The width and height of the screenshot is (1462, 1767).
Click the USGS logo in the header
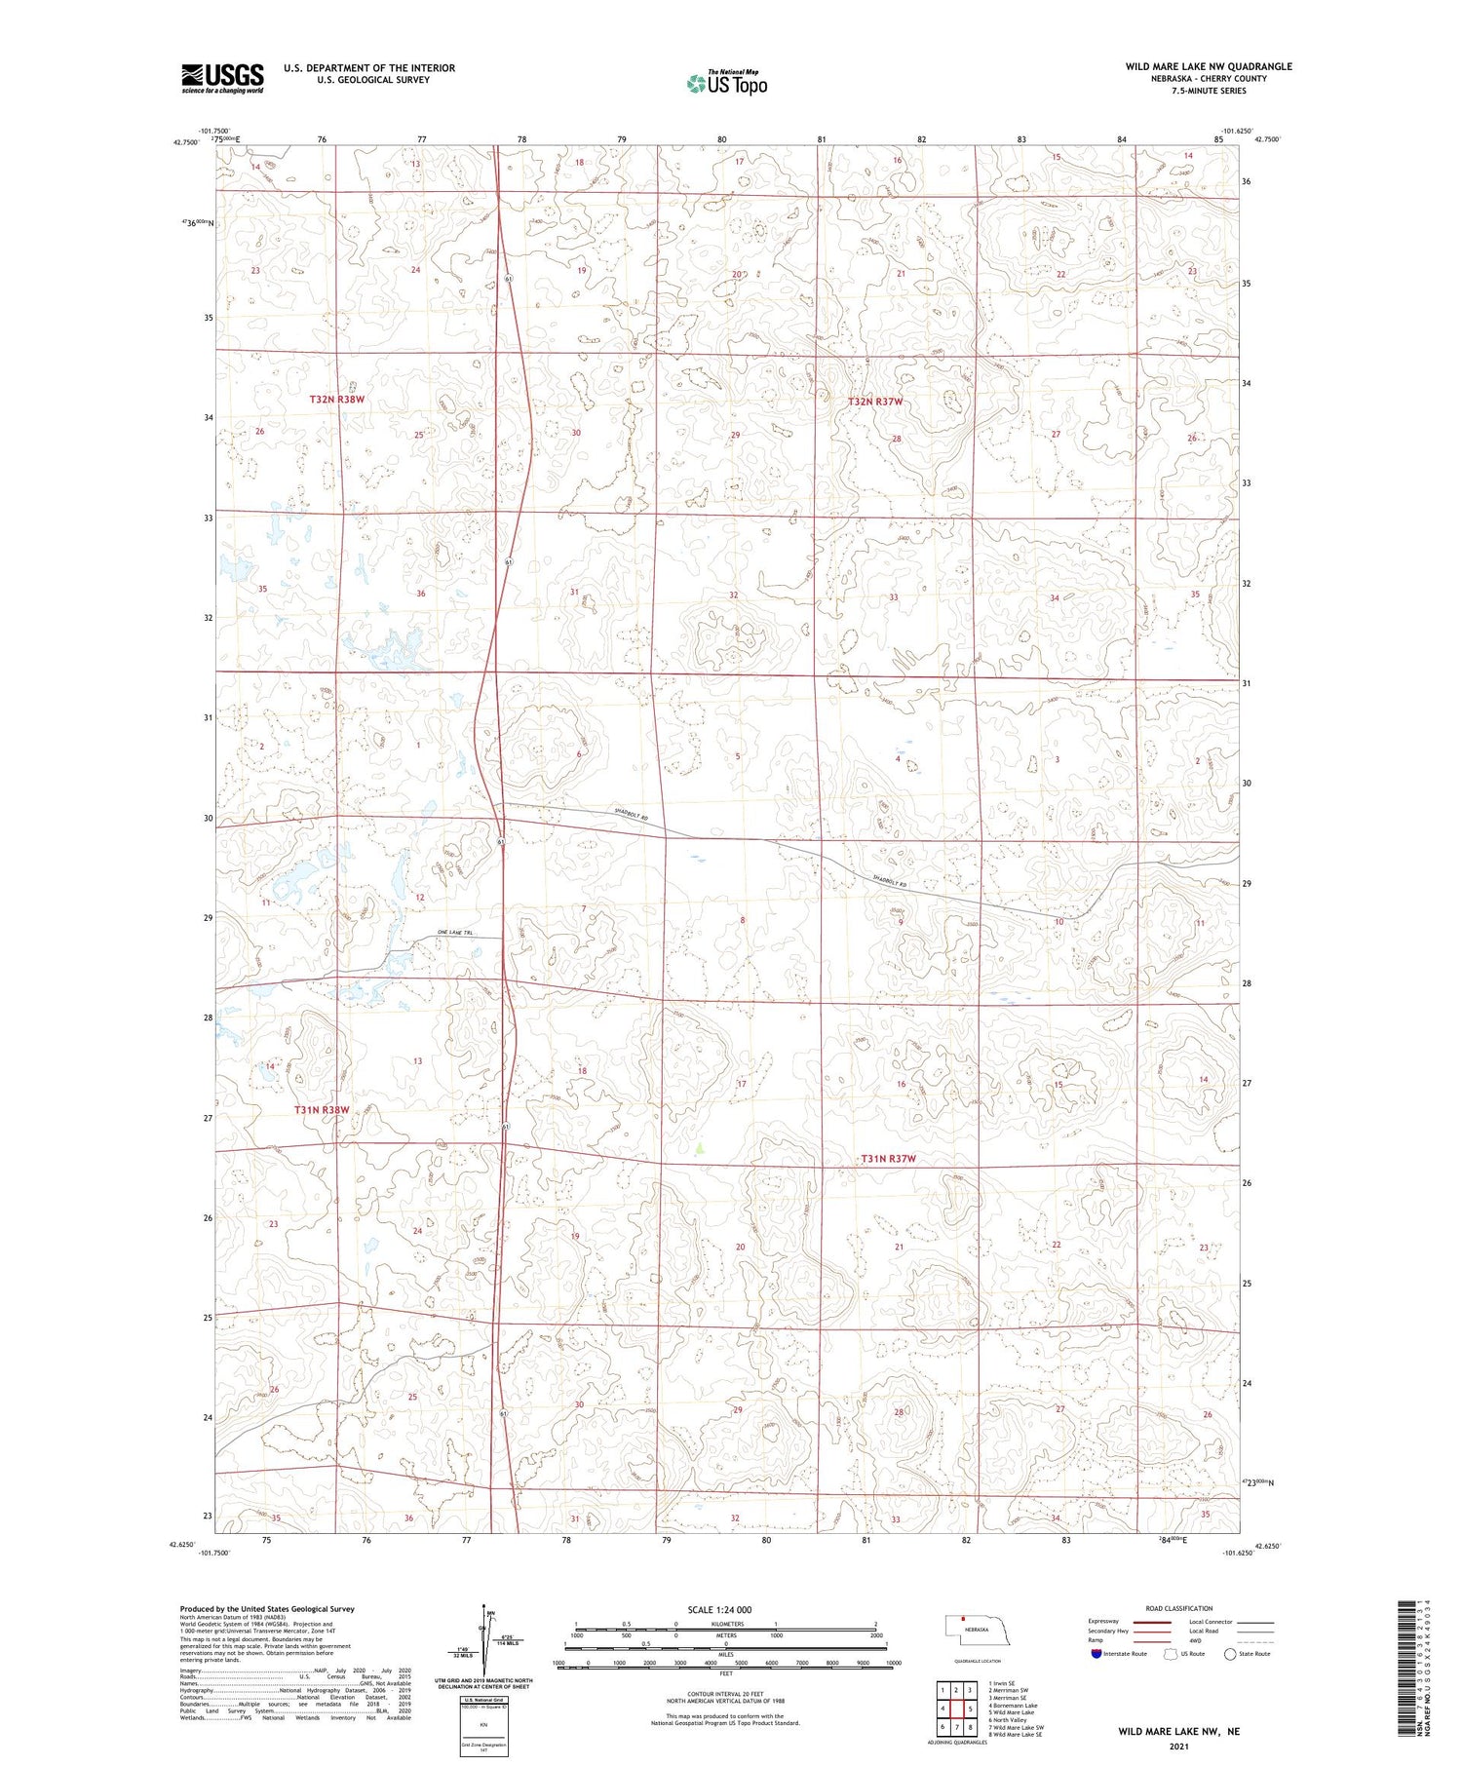pyautogui.click(x=222, y=78)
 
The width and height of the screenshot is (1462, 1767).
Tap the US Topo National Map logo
pyautogui.click(x=726, y=83)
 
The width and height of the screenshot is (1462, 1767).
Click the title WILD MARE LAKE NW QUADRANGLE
pyautogui.click(x=1209, y=66)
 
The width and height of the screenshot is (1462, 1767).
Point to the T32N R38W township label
pyautogui.click(x=336, y=400)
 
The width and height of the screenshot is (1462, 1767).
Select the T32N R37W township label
pyautogui.click(x=875, y=402)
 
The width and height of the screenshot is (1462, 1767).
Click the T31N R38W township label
pyautogui.click(x=322, y=1110)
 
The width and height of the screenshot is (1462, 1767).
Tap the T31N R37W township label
pyautogui.click(x=889, y=1159)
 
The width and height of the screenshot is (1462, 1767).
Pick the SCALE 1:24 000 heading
pyautogui.click(x=719, y=1609)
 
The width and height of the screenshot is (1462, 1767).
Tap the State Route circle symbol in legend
pyautogui.click(x=1230, y=1654)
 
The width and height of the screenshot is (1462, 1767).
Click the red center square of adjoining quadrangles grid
pyautogui.click(x=956, y=1709)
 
